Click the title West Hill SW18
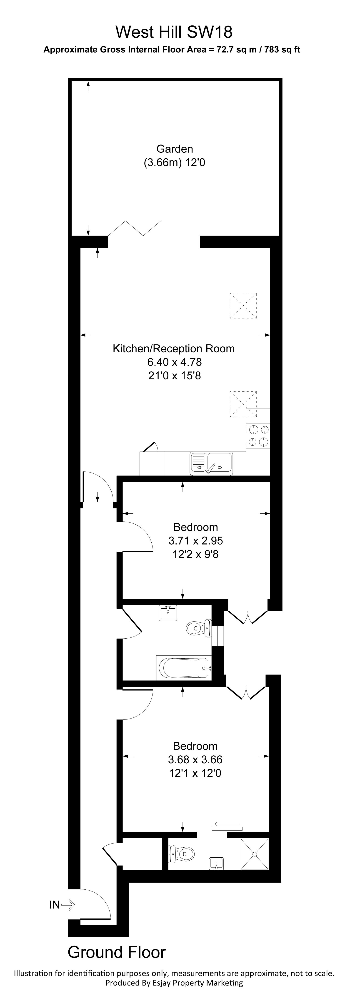174,32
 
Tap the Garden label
175,149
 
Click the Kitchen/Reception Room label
174,349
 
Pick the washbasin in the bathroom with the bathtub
169,613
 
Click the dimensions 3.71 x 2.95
196,540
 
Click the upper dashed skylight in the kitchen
243,305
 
